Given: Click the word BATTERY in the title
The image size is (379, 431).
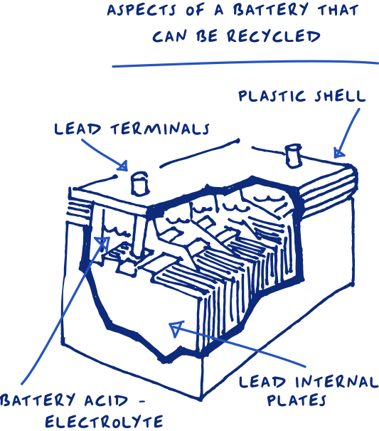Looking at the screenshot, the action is click(x=271, y=9).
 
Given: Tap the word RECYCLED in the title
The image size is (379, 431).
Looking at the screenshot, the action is click(x=274, y=36).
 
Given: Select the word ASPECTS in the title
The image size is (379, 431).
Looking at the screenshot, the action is click(x=142, y=10).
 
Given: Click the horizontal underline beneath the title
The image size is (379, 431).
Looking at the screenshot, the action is click(x=245, y=63).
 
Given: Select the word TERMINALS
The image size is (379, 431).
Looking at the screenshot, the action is click(x=160, y=129).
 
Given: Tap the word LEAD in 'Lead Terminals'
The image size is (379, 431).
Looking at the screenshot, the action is click(x=78, y=129).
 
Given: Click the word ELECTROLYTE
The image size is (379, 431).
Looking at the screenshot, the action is click(x=104, y=422).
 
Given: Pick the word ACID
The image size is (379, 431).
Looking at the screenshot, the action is click(x=106, y=400).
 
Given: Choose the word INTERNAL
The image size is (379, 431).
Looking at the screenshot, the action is click(x=336, y=382).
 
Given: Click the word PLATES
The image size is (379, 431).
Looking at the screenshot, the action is click(x=297, y=400).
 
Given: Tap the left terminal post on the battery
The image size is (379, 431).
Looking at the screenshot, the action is click(x=139, y=183).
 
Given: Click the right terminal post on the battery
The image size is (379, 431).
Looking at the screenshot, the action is click(x=293, y=156).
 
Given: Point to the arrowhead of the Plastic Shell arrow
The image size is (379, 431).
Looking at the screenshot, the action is click(x=338, y=153).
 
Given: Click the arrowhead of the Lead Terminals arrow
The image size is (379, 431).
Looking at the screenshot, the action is click(x=123, y=166).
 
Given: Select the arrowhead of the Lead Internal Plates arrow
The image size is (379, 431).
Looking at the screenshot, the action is click(x=176, y=328).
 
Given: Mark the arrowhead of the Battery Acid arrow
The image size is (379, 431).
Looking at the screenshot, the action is click(x=103, y=243).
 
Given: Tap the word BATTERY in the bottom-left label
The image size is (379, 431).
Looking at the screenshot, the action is click(x=38, y=400).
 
